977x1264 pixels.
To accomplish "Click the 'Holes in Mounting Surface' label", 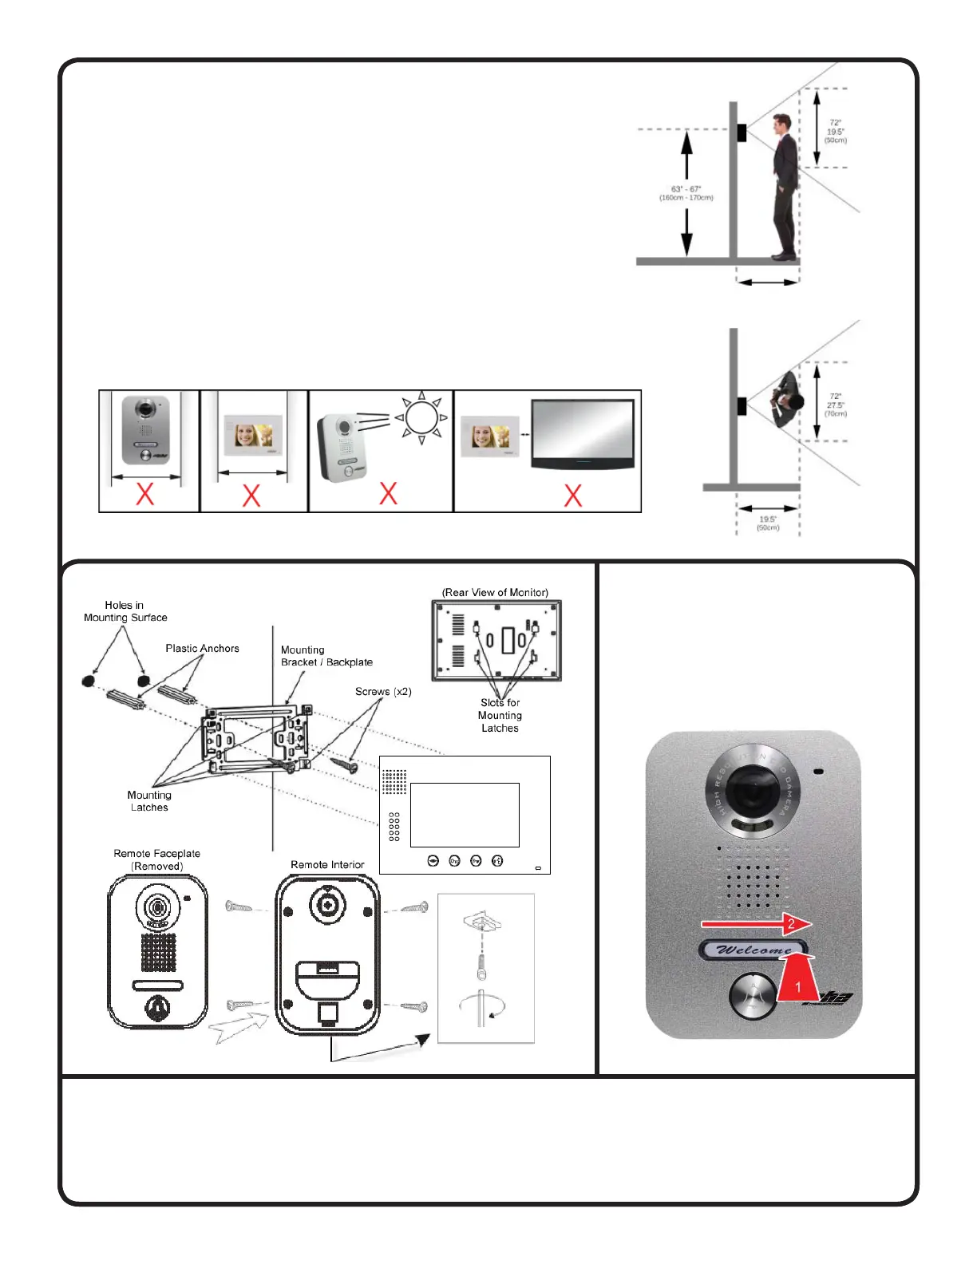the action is click(125, 611).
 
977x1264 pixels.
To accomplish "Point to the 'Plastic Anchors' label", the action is click(202, 649).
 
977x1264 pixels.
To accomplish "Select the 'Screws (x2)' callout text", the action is click(383, 692).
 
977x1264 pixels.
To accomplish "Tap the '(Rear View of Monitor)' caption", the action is click(495, 593).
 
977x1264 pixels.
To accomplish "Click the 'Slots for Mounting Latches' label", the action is click(500, 715).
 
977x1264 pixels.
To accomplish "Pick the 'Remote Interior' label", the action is click(327, 865).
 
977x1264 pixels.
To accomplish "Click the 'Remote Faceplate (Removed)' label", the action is click(156, 859).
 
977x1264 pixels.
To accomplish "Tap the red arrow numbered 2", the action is click(756, 924).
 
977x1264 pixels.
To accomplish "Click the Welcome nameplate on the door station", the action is click(754, 950).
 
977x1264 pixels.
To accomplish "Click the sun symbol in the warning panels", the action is click(421, 417).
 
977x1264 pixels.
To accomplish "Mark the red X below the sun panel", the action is click(388, 493).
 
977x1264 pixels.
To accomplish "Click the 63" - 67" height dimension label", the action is click(686, 193).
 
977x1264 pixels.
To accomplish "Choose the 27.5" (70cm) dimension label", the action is click(836, 405).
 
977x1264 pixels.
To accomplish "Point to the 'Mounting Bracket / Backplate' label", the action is click(326, 656).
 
